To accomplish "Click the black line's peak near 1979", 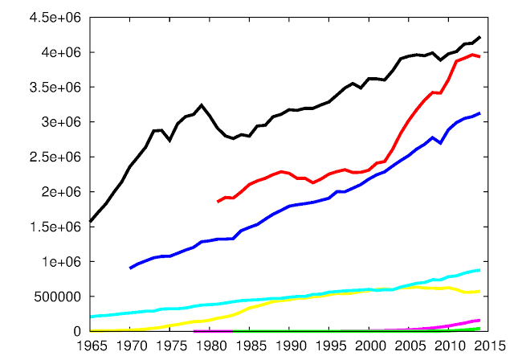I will [202, 105].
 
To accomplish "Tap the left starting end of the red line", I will [218, 202].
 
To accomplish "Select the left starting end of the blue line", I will [131, 268].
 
